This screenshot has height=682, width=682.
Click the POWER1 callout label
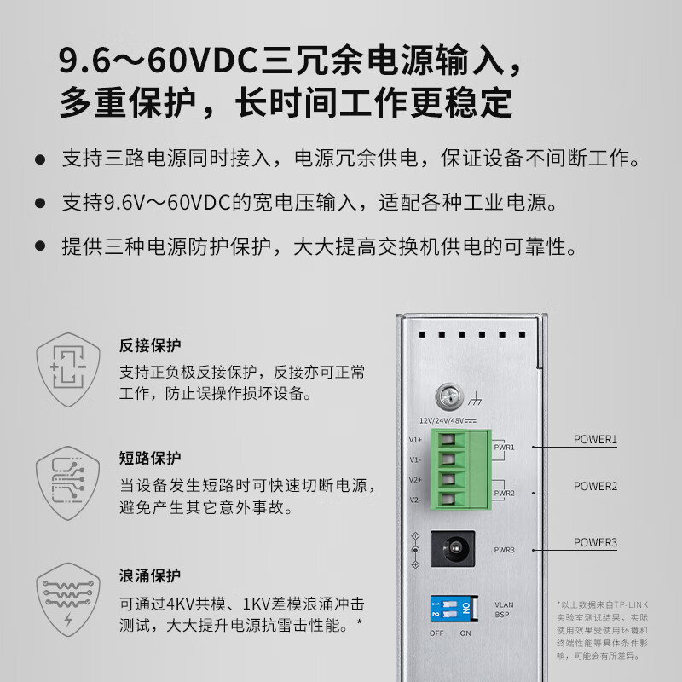click(x=595, y=439)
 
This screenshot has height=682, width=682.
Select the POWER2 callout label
click(x=595, y=486)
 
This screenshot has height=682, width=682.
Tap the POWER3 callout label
click(x=595, y=542)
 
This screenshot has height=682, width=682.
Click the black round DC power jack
click(x=453, y=548)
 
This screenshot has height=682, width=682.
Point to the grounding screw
click(x=449, y=396)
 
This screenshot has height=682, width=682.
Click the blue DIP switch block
click(x=454, y=609)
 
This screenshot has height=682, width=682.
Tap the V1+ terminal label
click(x=415, y=440)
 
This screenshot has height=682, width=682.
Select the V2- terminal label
click(x=415, y=500)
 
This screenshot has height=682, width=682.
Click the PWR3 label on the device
click(x=504, y=550)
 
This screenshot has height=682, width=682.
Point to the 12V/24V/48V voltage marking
click(x=448, y=420)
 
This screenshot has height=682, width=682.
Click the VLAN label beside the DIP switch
click(x=504, y=604)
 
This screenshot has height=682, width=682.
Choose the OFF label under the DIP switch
click(x=436, y=633)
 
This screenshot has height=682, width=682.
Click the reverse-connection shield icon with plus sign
click(x=68, y=370)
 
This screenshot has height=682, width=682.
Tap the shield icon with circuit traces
click(x=68, y=483)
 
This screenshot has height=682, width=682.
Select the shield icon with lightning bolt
click(x=68, y=599)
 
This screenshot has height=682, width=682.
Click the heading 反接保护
click(x=150, y=345)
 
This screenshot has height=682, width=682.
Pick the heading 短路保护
click(x=150, y=458)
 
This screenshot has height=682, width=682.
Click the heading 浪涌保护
click(x=150, y=575)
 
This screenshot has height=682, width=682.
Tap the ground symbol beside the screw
click(x=475, y=398)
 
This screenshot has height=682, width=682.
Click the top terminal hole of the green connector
click(x=448, y=439)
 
